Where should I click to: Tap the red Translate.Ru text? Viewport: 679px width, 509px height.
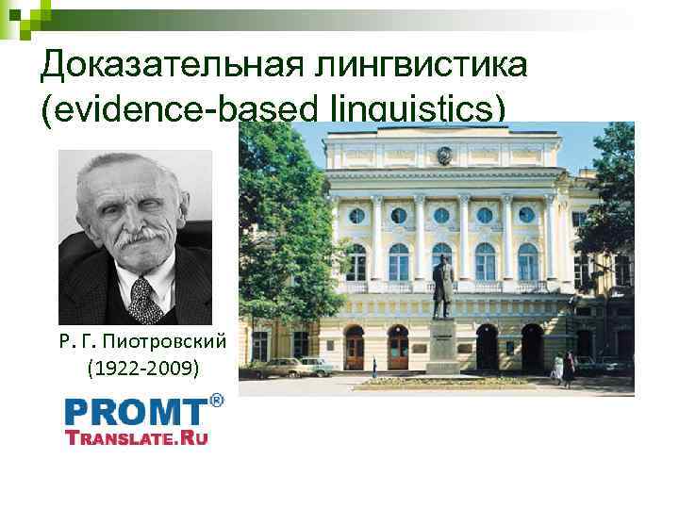tap(136, 436)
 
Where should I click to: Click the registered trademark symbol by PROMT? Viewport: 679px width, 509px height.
tap(216, 401)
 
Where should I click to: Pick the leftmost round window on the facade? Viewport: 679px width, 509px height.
tap(356, 215)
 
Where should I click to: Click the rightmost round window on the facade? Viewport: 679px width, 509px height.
tap(527, 215)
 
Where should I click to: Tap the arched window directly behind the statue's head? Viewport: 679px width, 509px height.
tap(440, 259)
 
